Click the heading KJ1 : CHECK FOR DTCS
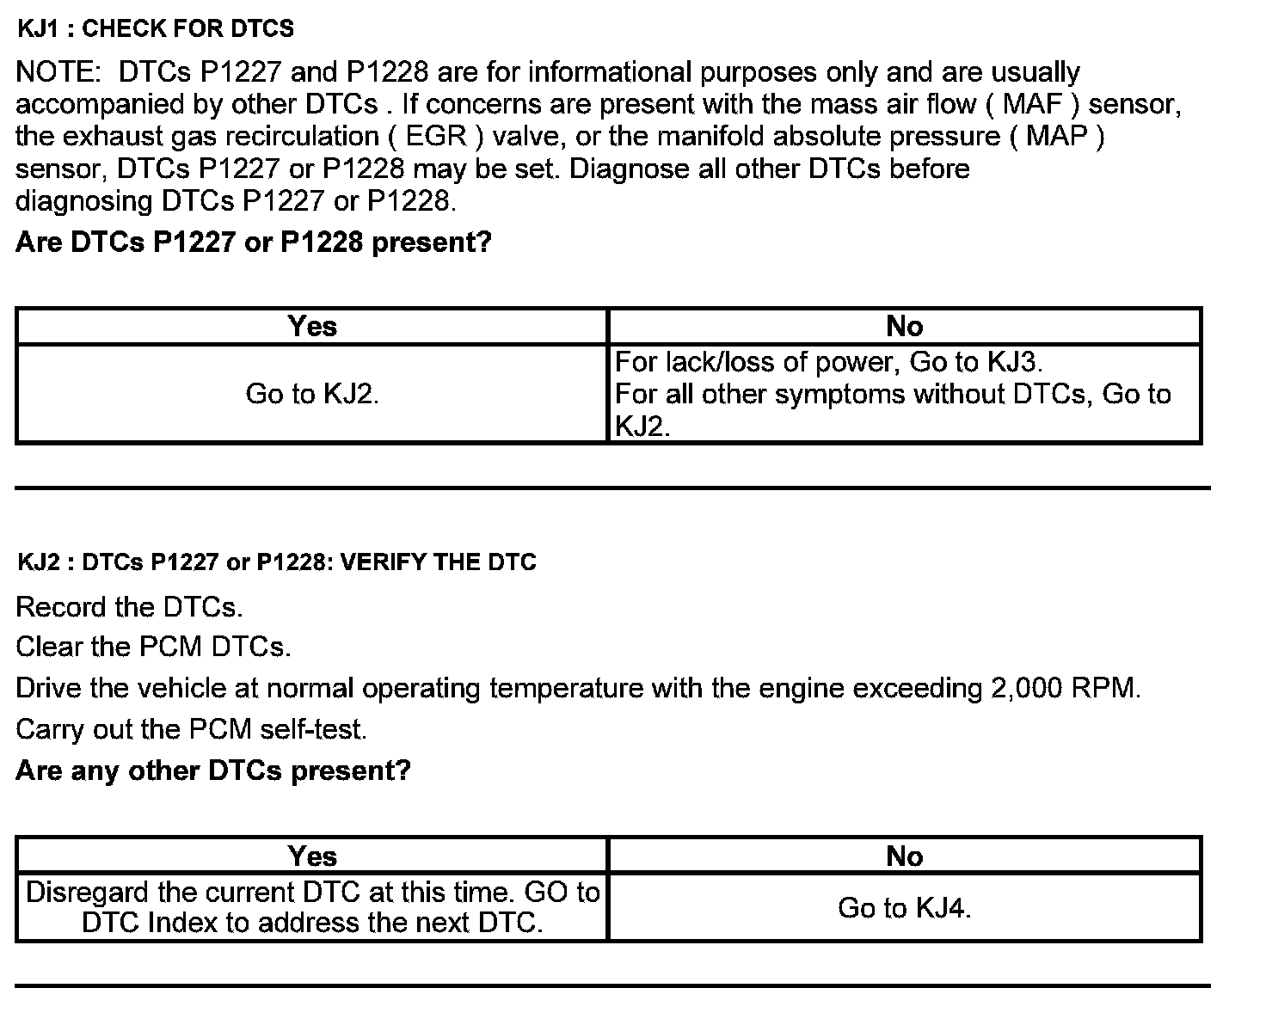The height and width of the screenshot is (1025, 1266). (x=156, y=29)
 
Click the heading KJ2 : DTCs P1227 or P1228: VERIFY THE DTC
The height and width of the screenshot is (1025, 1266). (x=276, y=562)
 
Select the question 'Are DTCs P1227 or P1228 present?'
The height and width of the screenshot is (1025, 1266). (x=253, y=242)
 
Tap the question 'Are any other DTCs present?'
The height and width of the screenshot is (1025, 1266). (x=212, y=770)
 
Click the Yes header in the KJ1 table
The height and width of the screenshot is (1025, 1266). (x=312, y=327)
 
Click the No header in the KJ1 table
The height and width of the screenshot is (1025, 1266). (x=904, y=327)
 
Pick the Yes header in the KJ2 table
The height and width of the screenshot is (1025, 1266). (x=312, y=856)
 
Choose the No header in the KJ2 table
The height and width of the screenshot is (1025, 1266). (x=904, y=856)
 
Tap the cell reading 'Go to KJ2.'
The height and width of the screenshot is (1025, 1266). (x=312, y=394)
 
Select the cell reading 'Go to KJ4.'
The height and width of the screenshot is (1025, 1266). (x=904, y=908)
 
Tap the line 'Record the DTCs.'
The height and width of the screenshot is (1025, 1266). (x=129, y=607)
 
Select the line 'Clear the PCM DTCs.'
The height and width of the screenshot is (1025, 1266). (x=153, y=647)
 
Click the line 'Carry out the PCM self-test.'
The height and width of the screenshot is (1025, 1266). (x=191, y=729)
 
